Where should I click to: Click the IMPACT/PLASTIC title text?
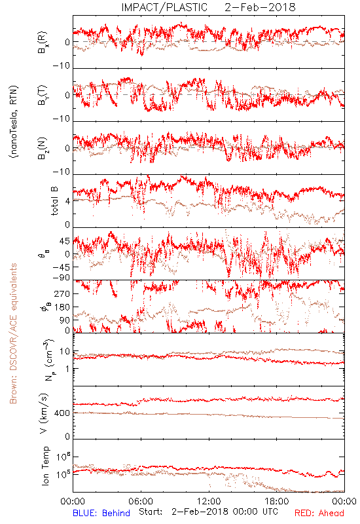coord(164,7)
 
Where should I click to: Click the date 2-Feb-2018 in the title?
coord(260,7)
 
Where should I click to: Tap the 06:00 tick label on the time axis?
coord(141,501)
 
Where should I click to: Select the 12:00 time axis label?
coord(209,501)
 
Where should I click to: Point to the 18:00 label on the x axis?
coord(277,501)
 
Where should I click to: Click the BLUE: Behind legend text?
coord(101,513)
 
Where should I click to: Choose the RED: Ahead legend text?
coord(319,513)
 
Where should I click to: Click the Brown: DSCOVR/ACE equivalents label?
coord(13,333)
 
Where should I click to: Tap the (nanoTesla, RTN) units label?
coord(14,122)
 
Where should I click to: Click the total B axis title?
coord(54,200)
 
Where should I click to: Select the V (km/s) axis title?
coord(44,413)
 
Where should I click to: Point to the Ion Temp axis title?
coord(45,466)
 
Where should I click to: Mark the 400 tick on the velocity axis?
coord(62,413)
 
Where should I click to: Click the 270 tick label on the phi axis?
coord(62,294)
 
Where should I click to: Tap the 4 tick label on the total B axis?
coord(68,201)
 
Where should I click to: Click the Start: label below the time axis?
coord(151,512)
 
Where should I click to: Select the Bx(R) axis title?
coord(42,43)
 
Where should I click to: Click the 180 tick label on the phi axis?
coord(62,307)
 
